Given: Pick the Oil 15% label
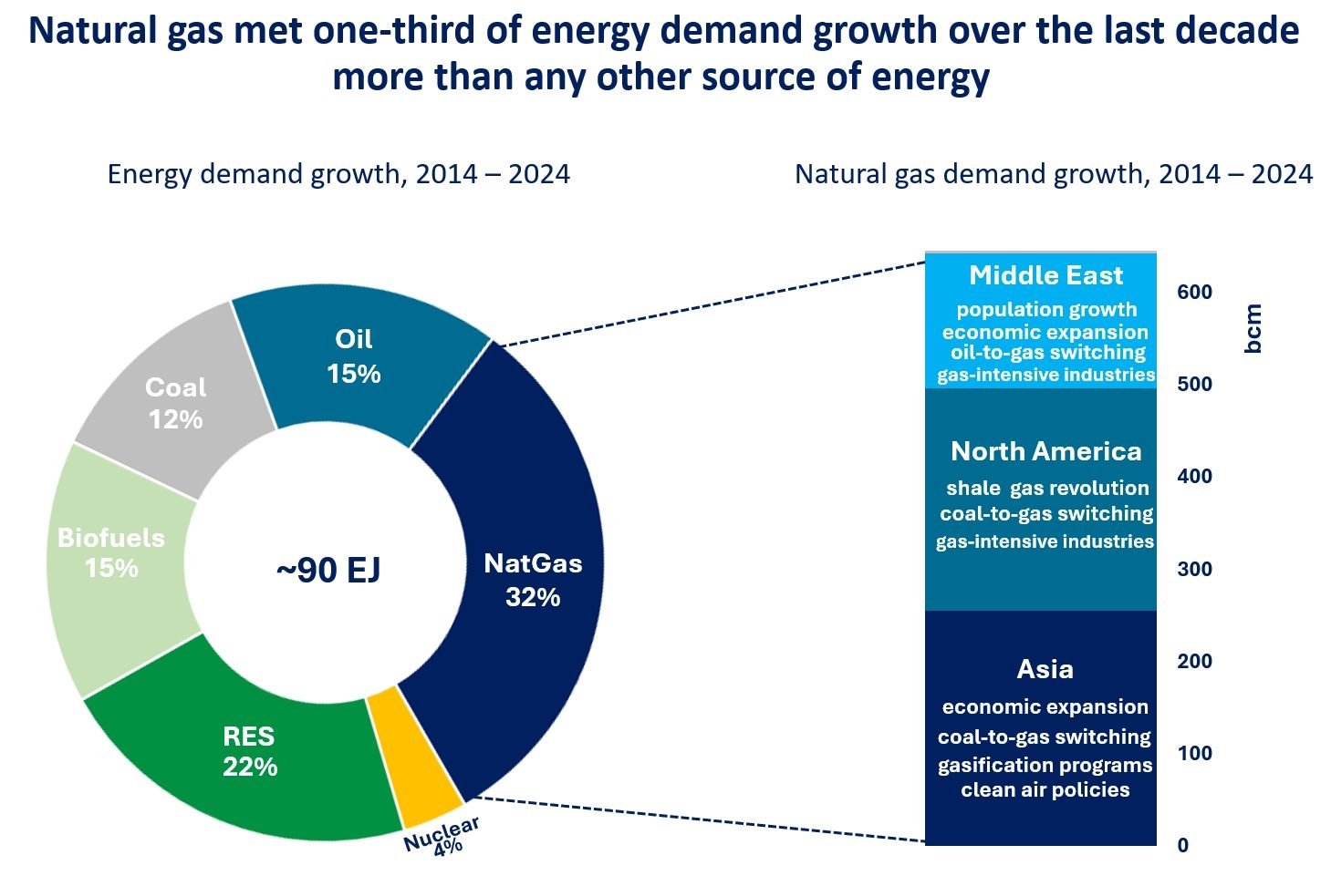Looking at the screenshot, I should coord(354,356).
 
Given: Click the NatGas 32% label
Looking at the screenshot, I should coord(533,580).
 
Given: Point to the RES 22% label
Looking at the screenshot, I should coord(249,751).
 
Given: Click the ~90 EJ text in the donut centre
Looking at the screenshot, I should coord(328,571).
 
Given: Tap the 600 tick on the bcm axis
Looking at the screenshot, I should coord(1194,293).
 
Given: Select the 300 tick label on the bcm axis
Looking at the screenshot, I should coord(1194,569).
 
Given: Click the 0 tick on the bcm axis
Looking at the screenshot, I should coord(1183,845).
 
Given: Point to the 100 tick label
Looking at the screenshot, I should coord(1194,753).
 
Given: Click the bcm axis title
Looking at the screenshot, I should coord(1253,328).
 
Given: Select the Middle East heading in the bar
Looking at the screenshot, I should coord(1045,275).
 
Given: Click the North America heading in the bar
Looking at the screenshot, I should coord(1045,451).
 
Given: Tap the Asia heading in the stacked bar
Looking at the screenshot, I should coord(1045,669).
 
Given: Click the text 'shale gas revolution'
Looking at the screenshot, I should coord(1047,489).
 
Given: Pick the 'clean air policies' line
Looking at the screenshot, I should coord(1045,790).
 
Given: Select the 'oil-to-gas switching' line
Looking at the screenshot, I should coord(1047,353).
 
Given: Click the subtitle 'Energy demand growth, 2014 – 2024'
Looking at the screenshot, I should coord(338,174).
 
